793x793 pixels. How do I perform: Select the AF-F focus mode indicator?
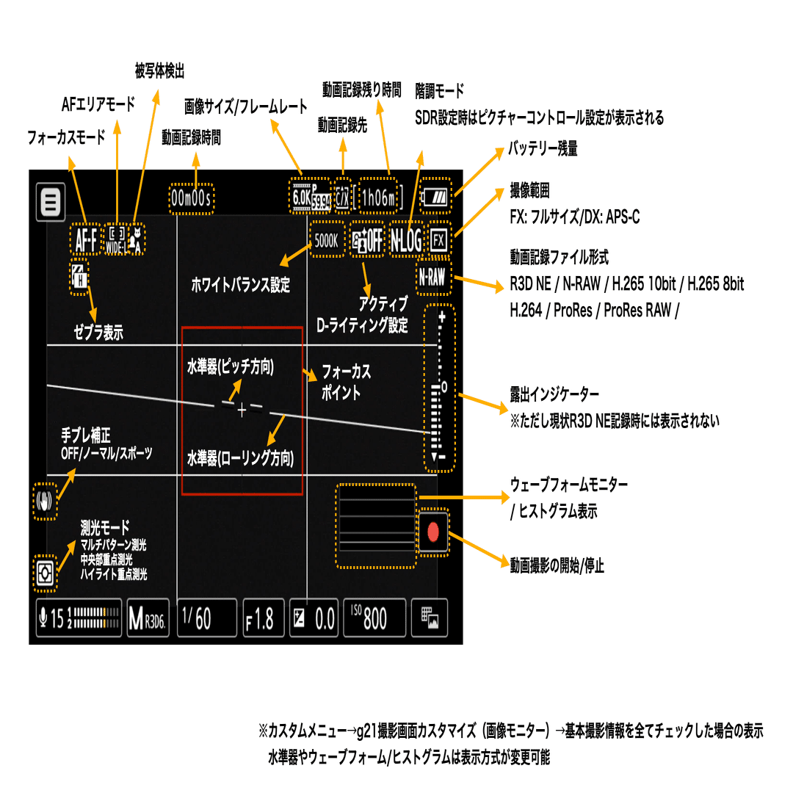point(87,238)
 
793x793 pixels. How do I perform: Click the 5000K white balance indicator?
point(327,239)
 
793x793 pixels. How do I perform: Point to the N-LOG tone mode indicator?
point(407,239)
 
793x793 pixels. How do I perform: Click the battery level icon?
point(438,198)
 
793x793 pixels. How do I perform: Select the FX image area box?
point(439,239)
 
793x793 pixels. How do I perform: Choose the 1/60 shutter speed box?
point(207,619)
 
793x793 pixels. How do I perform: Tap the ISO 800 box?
point(375,619)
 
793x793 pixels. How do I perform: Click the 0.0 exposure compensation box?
point(314,619)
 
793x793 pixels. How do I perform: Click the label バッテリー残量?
point(544,149)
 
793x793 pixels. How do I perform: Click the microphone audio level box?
point(79,619)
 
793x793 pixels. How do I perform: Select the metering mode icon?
point(46,573)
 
